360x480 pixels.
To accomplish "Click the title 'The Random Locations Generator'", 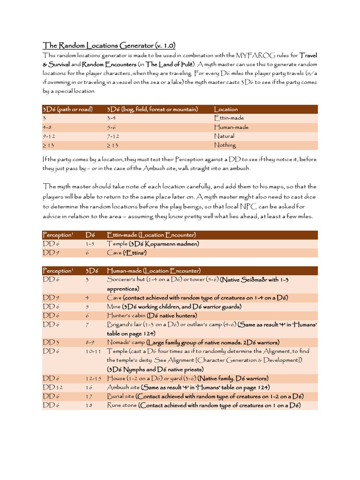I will (109, 45).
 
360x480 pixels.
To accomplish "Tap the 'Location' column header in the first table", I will (226, 109).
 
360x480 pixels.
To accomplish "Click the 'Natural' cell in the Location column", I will (224, 136).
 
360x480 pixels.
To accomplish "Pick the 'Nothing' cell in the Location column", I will (225, 145).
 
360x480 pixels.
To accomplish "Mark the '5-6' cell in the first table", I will (112, 127).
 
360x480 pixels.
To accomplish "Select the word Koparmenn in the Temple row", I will (161, 244).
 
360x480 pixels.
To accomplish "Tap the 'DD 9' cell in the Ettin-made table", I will (50, 253).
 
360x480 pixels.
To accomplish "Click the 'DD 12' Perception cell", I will (52, 387).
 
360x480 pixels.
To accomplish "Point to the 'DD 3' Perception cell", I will (50, 342).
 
